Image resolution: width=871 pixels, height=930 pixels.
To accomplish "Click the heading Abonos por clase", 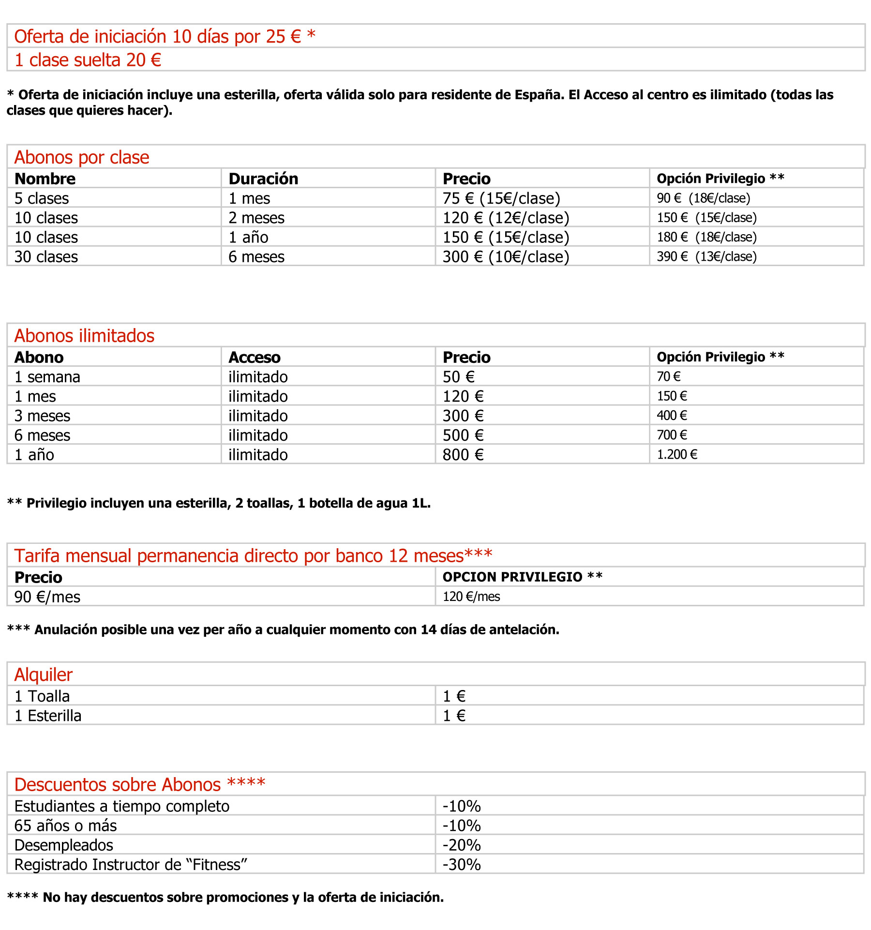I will click(82, 158).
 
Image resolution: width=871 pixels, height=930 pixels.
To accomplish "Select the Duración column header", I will click(263, 179).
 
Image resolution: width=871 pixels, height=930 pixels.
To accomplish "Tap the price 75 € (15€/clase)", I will click(501, 198).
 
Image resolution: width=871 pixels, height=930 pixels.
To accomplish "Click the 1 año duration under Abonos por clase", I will click(248, 238).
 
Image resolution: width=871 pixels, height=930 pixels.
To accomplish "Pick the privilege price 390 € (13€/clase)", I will click(706, 257).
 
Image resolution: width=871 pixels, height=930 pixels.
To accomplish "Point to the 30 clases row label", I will click(46, 257).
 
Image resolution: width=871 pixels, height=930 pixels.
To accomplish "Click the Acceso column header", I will click(255, 358).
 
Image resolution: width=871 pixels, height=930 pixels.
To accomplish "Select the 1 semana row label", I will click(47, 377).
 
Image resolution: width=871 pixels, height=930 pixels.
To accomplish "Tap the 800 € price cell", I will click(463, 455).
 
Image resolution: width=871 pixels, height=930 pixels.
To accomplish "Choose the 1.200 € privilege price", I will click(677, 455).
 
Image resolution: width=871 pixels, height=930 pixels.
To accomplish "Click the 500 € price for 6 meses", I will click(463, 435).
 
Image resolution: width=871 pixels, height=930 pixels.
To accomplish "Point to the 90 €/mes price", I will click(47, 597).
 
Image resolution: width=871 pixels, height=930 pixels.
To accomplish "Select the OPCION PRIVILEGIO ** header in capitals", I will click(523, 577).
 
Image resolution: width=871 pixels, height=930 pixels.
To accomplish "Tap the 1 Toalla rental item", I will click(42, 696).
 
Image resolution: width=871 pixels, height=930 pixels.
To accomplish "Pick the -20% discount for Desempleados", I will click(462, 845).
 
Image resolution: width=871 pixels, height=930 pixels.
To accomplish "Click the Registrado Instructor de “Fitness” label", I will click(131, 865).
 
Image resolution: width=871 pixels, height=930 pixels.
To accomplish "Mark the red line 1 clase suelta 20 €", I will click(88, 60).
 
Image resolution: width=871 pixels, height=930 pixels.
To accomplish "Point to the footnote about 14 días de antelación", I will click(283, 630).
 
